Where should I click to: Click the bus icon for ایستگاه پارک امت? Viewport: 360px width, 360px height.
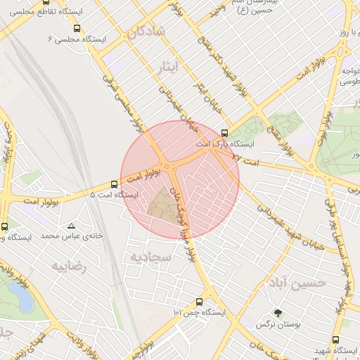tap(224, 132)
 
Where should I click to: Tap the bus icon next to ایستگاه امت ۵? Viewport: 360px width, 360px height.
tap(114, 184)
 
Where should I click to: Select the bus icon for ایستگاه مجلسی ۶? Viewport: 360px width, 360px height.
tap(77, 29)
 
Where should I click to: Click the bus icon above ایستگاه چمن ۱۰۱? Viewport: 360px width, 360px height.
tap(200, 300)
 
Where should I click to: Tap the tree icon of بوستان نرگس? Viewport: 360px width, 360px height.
tap(278, 313)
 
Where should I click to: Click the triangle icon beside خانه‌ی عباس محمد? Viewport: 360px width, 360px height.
tap(71, 226)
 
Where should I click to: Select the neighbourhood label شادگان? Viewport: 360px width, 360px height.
tap(146, 32)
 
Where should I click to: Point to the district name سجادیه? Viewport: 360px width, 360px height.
tap(149, 257)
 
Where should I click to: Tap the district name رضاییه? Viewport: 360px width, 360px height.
tap(69, 266)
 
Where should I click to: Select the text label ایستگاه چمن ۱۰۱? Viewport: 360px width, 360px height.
tap(198, 311)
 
